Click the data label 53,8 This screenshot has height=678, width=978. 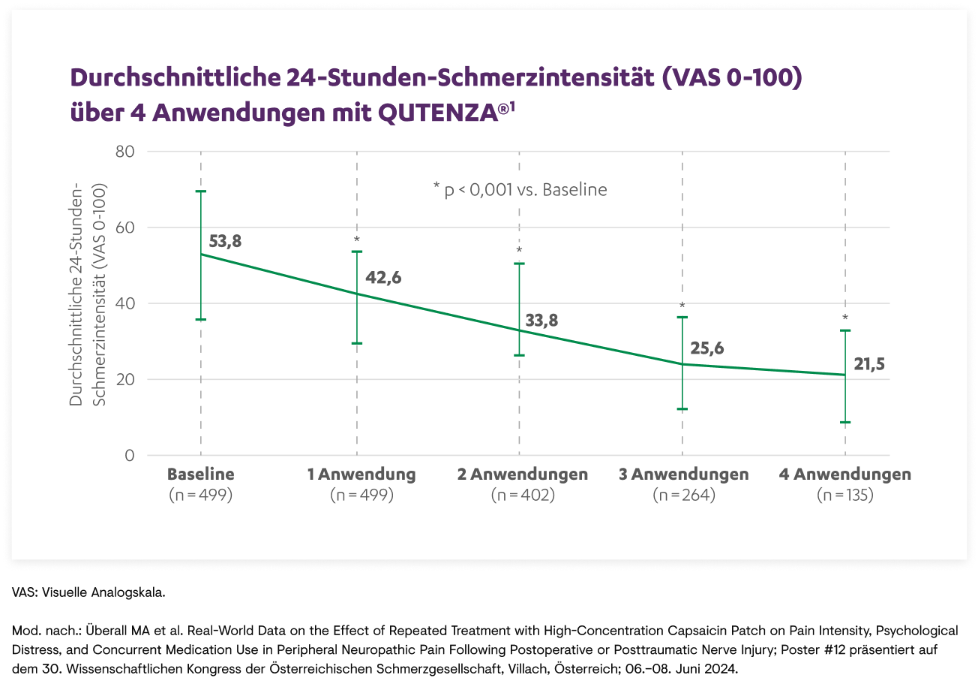(x=226, y=242)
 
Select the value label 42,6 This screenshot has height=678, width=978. (x=383, y=278)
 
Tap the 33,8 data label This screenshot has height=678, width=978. (x=542, y=321)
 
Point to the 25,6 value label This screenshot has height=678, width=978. (x=707, y=349)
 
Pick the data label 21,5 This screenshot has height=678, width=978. (x=870, y=365)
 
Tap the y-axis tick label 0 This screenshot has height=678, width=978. (x=130, y=456)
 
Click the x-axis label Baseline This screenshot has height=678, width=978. (x=200, y=475)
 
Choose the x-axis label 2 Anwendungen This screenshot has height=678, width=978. (x=523, y=475)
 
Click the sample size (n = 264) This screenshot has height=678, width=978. (x=682, y=496)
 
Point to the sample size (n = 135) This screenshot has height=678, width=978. (x=845, y=496)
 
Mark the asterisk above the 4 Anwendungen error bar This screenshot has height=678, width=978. (x=845, y=318)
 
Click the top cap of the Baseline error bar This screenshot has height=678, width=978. (x=200, y=191)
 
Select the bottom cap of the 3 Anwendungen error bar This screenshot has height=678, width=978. (x=682, y=409)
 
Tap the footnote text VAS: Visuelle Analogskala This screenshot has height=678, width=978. (x=88, y=593)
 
